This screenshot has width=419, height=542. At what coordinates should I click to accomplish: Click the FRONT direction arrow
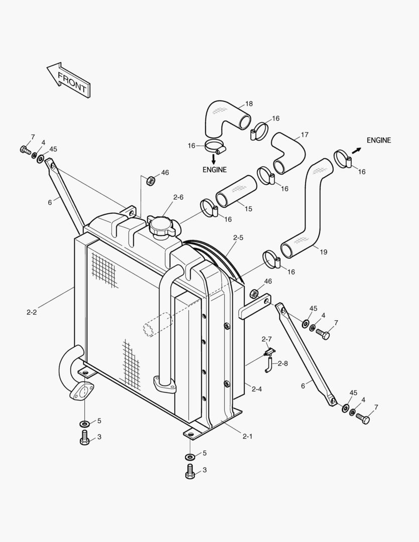pos(68,80)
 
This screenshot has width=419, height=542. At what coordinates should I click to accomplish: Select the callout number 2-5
pos(238,237)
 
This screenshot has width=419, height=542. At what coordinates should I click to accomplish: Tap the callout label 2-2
pos(32,312)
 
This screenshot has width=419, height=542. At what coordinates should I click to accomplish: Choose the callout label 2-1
pos(247,436)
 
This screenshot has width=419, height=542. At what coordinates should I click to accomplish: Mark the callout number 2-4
pos(256,388)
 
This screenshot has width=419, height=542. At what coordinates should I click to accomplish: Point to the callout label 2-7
pos(266,339)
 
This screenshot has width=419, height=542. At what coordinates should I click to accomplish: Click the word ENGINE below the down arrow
pos(214,170)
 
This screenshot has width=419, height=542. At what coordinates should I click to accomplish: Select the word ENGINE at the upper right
pos(378,140)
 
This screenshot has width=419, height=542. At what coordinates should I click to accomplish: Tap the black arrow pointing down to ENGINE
pos(214,159)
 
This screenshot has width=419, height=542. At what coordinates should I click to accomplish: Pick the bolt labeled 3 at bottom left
pos(84,438)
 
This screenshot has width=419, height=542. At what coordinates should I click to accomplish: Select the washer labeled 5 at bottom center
pos(190,457)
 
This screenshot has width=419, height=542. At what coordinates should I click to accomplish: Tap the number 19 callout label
pos(323,252)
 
